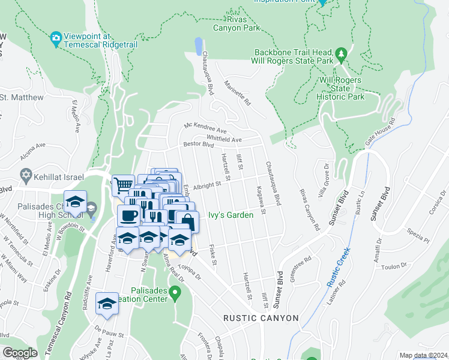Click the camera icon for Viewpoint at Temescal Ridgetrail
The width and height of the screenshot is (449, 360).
[x=56, y=40]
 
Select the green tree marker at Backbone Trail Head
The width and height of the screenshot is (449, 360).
[x=341, y=55]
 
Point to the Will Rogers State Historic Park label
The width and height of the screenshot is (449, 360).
[x=341, y=88]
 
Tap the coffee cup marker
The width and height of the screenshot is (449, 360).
[x=128, y=214]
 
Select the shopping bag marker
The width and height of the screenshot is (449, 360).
[x=187, y=221]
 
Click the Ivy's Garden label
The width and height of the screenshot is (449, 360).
[x=228, y=215]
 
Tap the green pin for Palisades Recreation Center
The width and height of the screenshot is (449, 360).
[x=175, y=293]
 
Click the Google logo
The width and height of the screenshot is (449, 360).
[x=20, y=353]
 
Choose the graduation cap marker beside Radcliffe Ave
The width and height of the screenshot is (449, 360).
[x=107, y=303]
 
